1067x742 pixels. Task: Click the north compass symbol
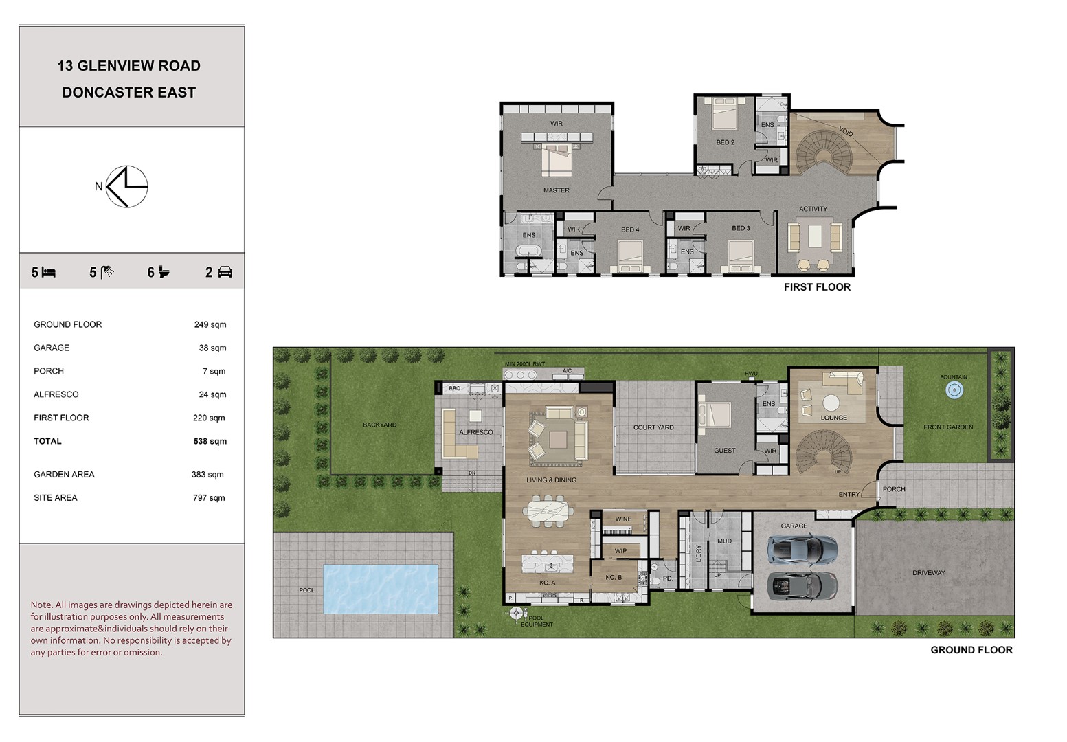(x=126, y=186)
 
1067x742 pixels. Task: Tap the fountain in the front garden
(x=954, y=390)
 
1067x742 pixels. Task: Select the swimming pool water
(x=381, y=589)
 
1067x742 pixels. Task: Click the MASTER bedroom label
(x=557, y=190)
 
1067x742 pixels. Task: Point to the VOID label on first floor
(x=846, y=131)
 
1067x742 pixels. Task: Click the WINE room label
(x=623, y=519)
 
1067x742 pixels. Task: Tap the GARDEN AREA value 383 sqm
(x=207, y=474)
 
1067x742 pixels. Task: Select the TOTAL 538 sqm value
(x=210, y=441)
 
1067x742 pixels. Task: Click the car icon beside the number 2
(x=225, y=272)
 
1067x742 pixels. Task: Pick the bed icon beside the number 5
(x=49, y=272)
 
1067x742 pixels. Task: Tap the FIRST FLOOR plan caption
(x=817, y=286)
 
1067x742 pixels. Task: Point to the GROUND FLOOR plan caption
(x=971, y=650)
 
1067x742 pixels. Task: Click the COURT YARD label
(x=653, y=427)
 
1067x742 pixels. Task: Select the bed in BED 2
(x=725, y=113)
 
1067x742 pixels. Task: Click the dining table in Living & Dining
(x=548, y=512)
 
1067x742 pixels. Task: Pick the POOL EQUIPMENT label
(x=537, y=621)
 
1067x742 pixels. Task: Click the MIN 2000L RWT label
(x=525, y=364)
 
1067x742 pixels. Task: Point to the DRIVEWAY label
(x=928, y=573)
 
